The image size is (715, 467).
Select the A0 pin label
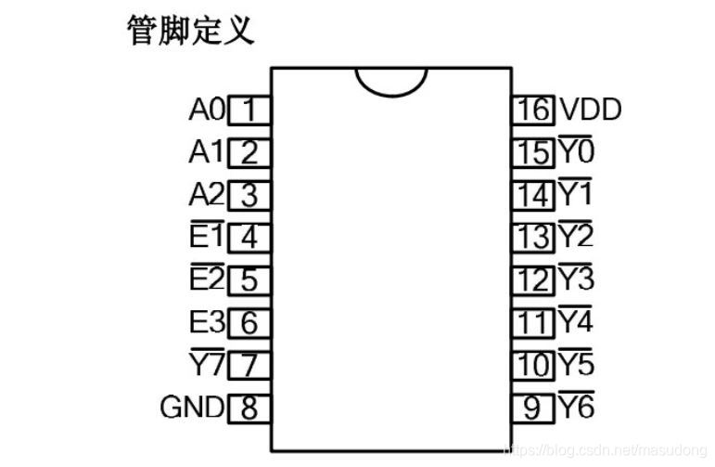click(x=206, y=110)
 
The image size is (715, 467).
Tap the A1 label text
click(x=206, y=152)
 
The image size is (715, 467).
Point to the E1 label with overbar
click(x=206, y=237)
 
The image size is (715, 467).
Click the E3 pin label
click(x=206, y=322)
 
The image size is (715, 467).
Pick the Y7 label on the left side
click(x=206, y=365)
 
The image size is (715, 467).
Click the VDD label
click(x=590, y=110)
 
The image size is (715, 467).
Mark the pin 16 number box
click(x=533, y=110)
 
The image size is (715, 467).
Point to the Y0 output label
click(x=576, y=151)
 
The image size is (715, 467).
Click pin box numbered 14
click(x=533, y=195)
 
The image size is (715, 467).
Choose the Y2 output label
click(x=576, y=237)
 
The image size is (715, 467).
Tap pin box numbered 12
click(x=533, y=279)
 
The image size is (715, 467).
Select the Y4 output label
click(x=576, y=322)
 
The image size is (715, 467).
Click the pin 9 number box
click(x=533, y=407)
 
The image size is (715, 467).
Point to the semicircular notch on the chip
click(x=390, y=80)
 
